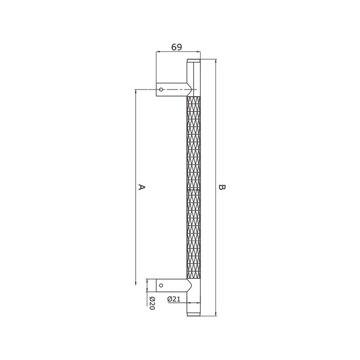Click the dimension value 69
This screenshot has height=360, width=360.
176,47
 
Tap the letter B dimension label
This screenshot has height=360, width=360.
222,187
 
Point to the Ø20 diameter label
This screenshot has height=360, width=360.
152,303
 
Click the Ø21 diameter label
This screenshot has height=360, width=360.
173,299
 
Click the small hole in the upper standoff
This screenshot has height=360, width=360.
161,89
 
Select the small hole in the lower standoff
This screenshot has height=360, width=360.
161,285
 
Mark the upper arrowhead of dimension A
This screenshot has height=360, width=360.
135,92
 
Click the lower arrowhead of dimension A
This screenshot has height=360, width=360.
135,282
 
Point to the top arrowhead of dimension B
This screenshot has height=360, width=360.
216,61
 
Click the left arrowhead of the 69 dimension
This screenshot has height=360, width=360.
158,51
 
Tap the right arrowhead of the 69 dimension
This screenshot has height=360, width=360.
198,51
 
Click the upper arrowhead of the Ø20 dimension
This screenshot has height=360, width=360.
147,281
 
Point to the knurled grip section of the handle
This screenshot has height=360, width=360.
193,187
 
